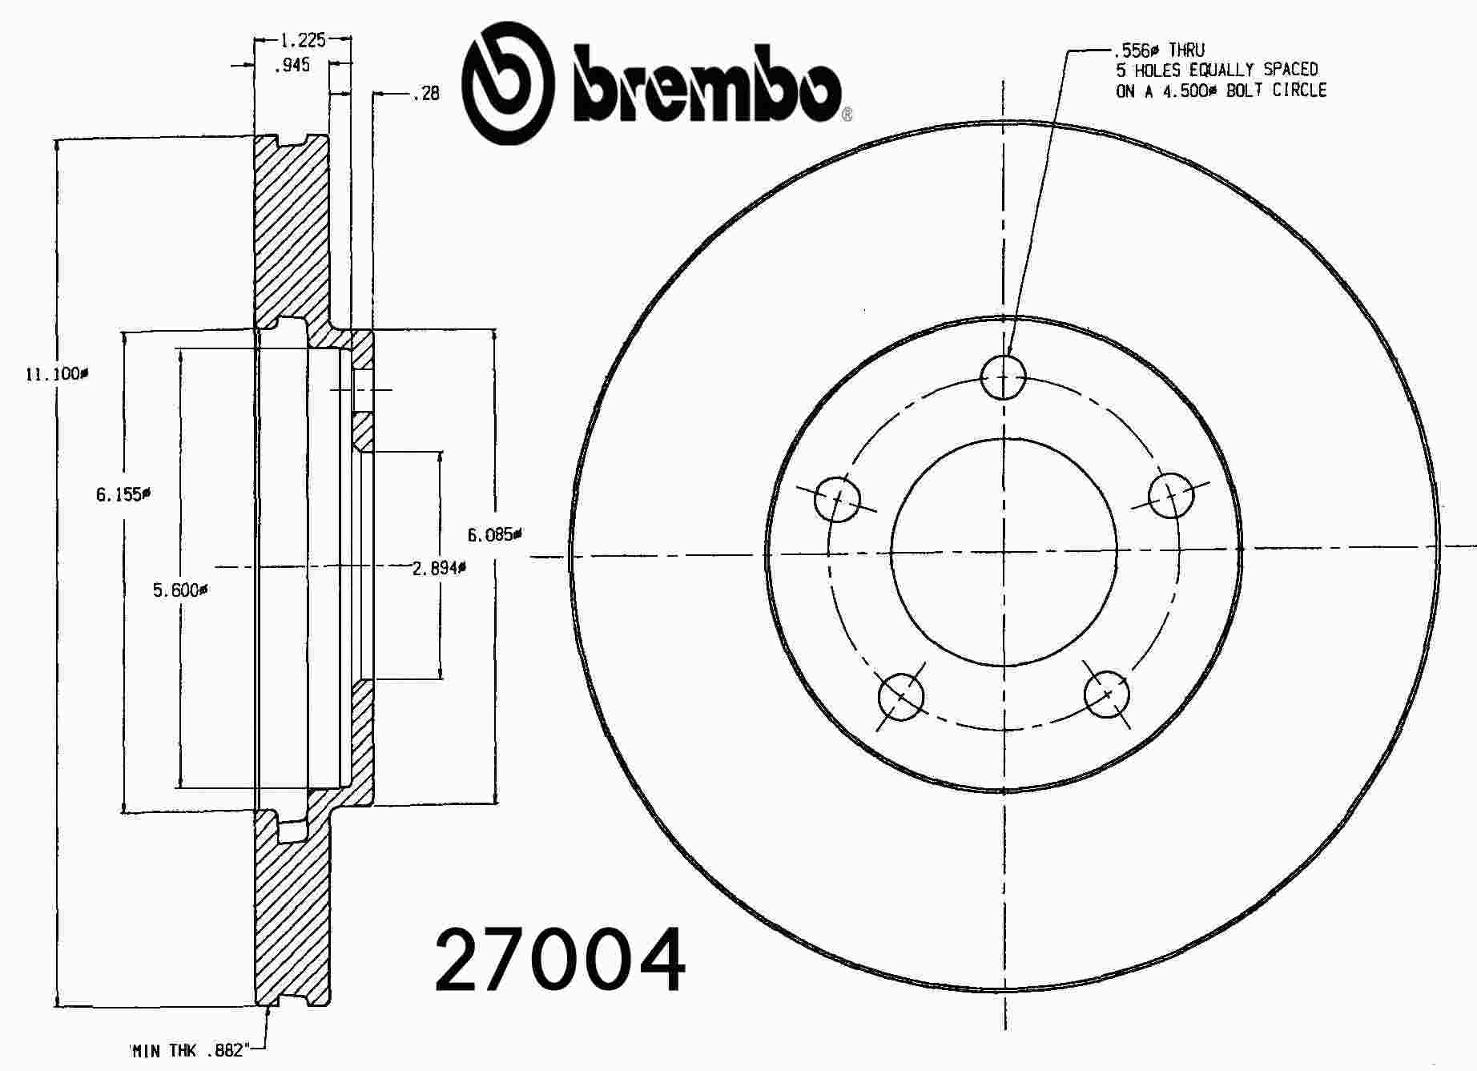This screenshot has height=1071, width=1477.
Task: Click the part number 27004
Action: pos(560,960)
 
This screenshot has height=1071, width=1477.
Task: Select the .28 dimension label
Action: pos(427,94)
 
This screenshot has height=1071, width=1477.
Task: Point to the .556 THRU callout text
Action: pos(1160,50)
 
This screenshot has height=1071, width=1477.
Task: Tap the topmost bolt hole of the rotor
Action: pos(1003,376)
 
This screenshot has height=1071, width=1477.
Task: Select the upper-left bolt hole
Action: pos(837,498)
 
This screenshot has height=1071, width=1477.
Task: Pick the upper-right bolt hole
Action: pos(1170,495)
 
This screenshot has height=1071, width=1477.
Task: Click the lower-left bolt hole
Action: pos(901,697)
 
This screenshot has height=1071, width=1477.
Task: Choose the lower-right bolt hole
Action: pos(1107,693)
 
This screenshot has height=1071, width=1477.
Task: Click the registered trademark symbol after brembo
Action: pos(847,115)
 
